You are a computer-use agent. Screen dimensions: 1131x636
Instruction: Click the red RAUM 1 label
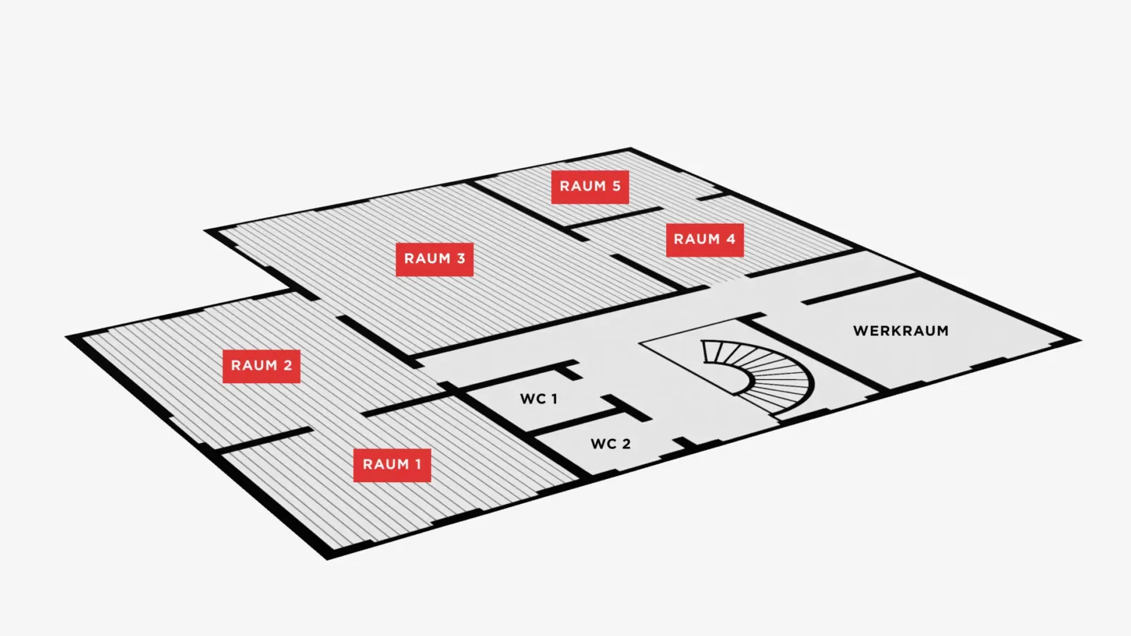[393, 466]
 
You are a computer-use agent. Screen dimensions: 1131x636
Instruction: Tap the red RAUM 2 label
[262, 367]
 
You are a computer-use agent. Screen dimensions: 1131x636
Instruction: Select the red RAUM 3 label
[435, 259]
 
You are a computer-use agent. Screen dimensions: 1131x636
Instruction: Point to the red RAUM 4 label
[705, 240]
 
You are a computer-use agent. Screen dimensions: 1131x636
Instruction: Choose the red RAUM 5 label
[591, 187]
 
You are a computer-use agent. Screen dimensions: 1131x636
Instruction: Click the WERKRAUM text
[902, 331]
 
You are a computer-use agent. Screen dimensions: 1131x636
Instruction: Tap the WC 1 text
[539, 399]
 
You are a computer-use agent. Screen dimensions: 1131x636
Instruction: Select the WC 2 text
[611, 444]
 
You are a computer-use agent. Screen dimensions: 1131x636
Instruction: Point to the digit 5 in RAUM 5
[617, 186]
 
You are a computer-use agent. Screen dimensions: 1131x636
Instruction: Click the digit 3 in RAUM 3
[461, 259]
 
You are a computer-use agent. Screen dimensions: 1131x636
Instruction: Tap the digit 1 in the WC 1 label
[555, 399]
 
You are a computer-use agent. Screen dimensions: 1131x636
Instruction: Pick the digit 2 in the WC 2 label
[626, 444]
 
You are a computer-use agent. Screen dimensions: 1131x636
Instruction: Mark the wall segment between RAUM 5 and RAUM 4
[613, 217]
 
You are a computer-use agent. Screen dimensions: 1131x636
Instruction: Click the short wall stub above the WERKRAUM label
[860, 289]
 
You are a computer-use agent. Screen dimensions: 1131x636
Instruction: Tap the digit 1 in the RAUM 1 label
[418, 464]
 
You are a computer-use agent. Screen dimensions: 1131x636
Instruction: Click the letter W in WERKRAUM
[860, 331]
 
